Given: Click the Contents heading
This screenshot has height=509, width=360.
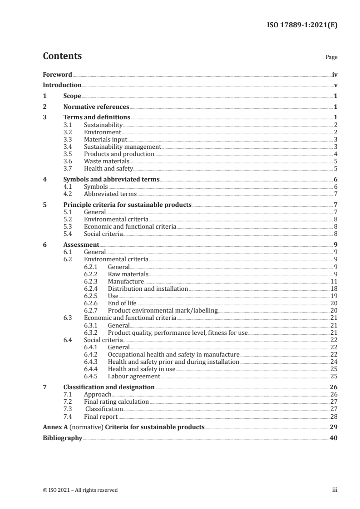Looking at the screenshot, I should click(62, 56).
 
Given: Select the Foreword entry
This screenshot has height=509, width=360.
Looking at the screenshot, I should click(57, 74).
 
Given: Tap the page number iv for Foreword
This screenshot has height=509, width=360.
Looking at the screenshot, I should click(335, 74).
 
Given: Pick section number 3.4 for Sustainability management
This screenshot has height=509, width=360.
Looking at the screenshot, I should click(68, 147).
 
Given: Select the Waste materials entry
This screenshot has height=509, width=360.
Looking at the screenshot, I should click(107, 161).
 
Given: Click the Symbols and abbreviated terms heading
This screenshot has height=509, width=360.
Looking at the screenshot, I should click(111, 179).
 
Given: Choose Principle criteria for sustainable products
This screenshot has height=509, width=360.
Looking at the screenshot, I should click(127, 205).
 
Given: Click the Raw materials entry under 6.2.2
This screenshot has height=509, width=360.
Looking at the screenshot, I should click(128, 274).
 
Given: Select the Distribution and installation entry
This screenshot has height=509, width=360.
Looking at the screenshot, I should click(148, 289).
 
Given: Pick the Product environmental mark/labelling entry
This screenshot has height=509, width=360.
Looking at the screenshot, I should click(163, 310).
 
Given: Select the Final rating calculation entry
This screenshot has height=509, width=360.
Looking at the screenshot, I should click(116, 401).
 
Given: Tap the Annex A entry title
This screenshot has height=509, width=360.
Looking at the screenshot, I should click(123, 427).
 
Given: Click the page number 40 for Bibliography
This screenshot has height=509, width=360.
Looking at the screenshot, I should click(333, 438).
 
